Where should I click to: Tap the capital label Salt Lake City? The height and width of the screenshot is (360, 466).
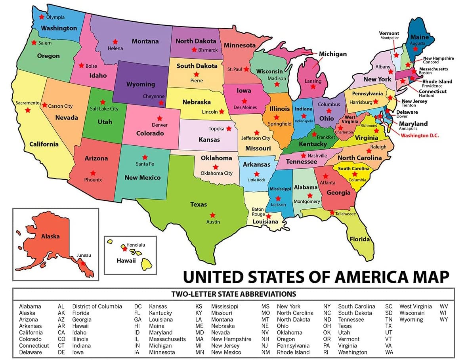pos(104,109)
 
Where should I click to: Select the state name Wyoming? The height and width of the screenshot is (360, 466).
pos(141,84)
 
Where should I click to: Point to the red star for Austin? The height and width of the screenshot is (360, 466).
pos(212,215)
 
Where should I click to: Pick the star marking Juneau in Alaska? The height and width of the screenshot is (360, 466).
pos(82,263)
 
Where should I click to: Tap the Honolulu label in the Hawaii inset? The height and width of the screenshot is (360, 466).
pos(136,245)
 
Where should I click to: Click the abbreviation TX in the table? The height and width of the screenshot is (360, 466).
pos(388,326)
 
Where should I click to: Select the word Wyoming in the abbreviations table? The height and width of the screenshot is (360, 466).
pos(411,319)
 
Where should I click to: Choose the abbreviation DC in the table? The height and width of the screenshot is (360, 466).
pos(138,306)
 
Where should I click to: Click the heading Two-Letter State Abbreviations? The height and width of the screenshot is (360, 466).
pos(233,294)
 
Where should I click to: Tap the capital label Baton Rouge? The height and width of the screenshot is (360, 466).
pos(258,211)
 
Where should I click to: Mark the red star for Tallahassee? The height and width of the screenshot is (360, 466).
pos(331,213)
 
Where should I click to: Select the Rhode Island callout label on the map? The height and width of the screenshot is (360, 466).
pos(437,81)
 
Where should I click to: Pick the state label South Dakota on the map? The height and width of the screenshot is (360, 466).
pos(197,66)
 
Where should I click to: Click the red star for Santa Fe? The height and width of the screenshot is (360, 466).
pos(145,157)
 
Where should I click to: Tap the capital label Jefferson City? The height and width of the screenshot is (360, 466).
pos(256,138)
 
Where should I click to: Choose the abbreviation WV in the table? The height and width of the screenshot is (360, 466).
pos(444,306)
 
